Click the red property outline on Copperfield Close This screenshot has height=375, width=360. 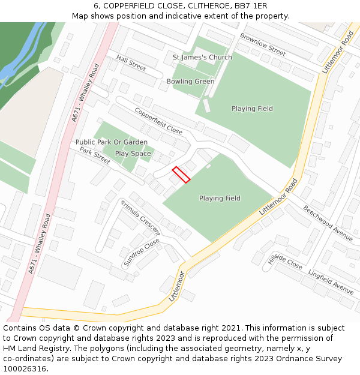coord(181,175)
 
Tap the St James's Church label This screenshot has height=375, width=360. coord(202,58)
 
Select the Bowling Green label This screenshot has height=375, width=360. coord(190,82)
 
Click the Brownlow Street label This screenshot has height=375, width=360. coord(263,44)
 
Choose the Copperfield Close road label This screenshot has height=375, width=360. coord(158,121)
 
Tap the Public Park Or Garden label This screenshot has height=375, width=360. coord(111,142)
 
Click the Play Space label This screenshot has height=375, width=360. coord(133,154)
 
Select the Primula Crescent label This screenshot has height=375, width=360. coord(141,217)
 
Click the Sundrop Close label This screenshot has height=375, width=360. coord(142,253)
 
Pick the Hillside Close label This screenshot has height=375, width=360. coord(285,259)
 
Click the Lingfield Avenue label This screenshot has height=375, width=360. coord(331,280)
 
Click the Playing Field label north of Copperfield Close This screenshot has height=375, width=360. coord(252,109)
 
